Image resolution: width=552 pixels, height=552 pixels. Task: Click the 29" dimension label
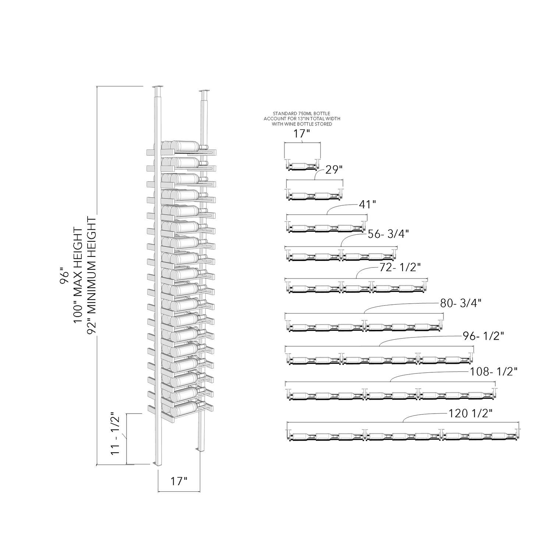coord(334,170)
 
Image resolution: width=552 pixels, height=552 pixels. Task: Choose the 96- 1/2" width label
coord(483,336)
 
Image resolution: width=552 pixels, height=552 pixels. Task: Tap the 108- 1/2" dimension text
coord(494,372)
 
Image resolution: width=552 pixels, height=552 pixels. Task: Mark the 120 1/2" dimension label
coord(471,414)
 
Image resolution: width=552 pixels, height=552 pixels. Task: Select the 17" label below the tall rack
coord(178,481)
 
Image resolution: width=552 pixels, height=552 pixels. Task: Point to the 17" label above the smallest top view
coord(302,134)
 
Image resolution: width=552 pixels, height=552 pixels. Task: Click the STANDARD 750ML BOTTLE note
coord(302,118)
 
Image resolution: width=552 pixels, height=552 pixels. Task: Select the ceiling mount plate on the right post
coord(204,91)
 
